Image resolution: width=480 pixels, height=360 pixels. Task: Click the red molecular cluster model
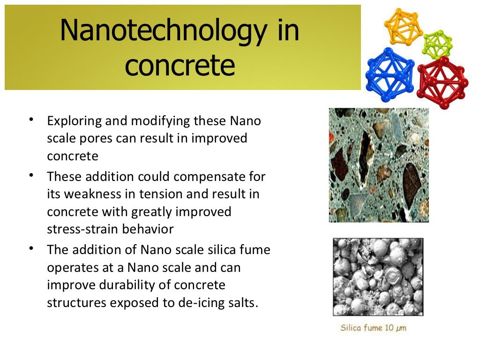coord(441,82)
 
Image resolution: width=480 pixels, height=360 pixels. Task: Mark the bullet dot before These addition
coord(30,175)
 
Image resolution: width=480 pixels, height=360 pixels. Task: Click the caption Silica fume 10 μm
coord(373,328)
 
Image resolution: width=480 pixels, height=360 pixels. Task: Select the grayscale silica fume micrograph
coord(378,277)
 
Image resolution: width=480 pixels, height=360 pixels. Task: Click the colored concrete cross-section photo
coord(379,165)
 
